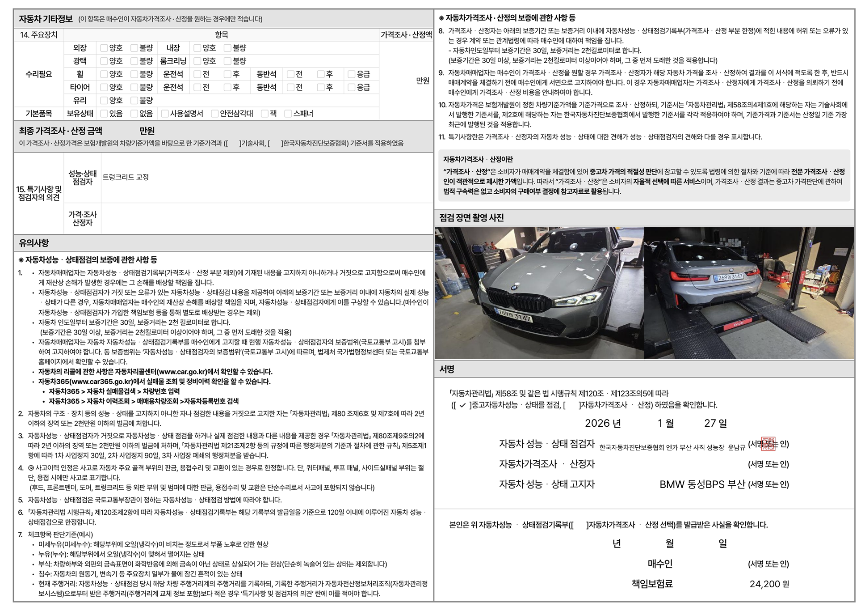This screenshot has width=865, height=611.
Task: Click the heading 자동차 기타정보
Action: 46,19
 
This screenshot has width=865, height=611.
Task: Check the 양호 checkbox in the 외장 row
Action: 104,48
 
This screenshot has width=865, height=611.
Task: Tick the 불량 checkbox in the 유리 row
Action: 134,101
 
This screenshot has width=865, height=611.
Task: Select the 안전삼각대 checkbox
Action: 215,114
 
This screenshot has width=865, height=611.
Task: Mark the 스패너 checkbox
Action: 288,114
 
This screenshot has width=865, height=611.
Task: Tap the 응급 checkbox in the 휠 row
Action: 352,74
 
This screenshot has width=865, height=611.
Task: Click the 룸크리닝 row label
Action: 173,61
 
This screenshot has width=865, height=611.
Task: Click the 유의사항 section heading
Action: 34,243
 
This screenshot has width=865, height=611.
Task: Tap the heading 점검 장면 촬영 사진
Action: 471,218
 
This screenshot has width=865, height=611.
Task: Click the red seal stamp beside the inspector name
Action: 768,444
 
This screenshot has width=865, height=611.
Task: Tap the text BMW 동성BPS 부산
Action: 702,484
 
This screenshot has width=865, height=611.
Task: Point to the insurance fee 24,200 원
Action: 769,584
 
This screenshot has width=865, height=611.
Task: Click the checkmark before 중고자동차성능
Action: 462,405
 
